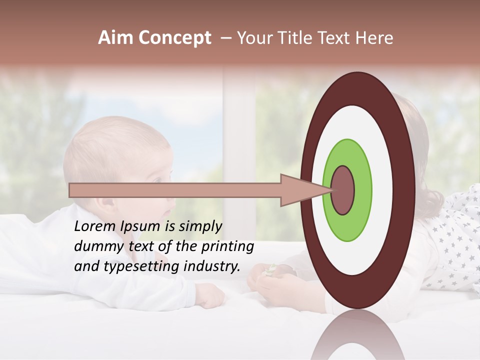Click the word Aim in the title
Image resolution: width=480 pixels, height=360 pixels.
tap(116, 38)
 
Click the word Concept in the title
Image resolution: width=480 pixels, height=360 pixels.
tap(174, 38)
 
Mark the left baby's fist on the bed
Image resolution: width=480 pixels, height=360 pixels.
tap(210, 296)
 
